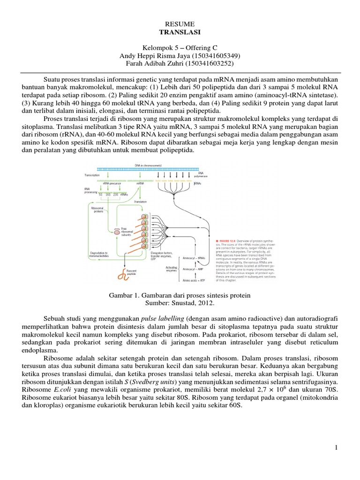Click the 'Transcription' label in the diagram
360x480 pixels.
(x=92, y=174)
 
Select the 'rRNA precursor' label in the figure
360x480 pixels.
(x=106, y=184)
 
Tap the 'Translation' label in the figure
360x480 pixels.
(x=140, y=202)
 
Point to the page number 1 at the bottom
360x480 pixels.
(x=337, y=448)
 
